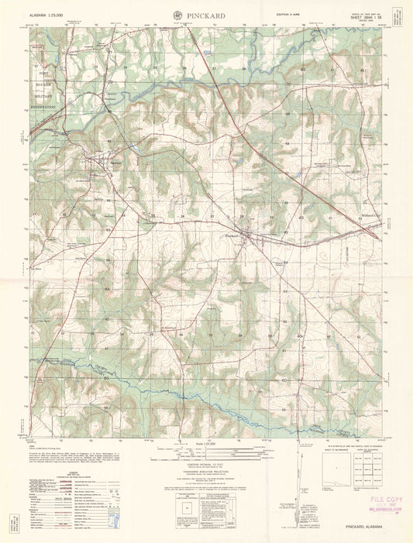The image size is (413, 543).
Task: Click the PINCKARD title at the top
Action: point(207,15)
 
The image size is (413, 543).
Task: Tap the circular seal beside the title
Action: point(178,15)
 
